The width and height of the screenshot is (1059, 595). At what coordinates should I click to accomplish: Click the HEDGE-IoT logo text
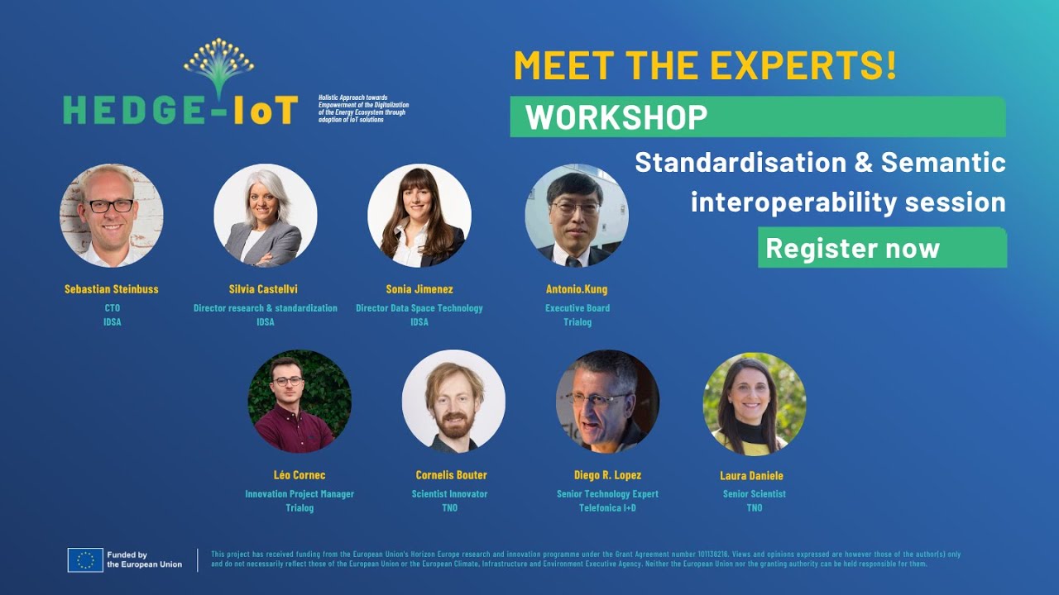pyautogui.click(x=180, y=109)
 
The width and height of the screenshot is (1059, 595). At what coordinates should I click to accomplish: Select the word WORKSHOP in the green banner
pyautogui.click(x=616, y=117)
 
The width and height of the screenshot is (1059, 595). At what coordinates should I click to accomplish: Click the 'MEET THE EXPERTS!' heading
pyautogui.click(x=705, y=65)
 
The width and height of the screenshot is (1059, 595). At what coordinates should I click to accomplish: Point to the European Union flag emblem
pyautogui.click(x=85, y=559)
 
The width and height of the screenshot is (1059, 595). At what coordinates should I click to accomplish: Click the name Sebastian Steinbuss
pyautogui.click(x=112, y=289)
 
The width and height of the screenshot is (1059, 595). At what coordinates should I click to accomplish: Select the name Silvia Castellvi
pyautogui.click(x=266, y=289)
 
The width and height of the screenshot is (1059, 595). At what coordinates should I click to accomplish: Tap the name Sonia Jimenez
pyautogui.click(x=419, y=289)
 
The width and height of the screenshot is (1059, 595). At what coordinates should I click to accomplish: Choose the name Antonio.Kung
pyautogui.click(x=577, y=289)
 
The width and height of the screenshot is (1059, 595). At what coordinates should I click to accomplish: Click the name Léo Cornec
pyautogui.click(x=299, y=475)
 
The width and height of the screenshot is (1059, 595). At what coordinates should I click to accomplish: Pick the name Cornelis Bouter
pyautogui.click(x=451, y=475)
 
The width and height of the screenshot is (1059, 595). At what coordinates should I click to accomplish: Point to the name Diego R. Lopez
pyautogui.click(x=607, y=475)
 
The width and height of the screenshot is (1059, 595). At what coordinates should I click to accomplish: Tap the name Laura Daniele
pyautogui.click(x=751, y=476)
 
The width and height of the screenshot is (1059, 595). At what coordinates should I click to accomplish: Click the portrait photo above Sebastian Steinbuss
pyautogui.click(x=112, y=215)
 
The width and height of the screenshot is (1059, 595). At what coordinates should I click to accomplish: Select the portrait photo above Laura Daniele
pyautogui.click(x=754, y=403)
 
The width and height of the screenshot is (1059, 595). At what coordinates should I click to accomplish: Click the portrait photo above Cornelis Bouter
pyautogui.click(x=453, y=401)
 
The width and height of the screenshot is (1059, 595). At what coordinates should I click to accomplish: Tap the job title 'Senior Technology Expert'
pyautogui.click(x=607, y=494)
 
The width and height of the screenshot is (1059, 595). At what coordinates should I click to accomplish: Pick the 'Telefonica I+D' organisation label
pyautogui.click(x=607, y=508)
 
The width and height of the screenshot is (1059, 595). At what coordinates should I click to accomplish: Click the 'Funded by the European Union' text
pyautogui.click(x=144, y=559)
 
